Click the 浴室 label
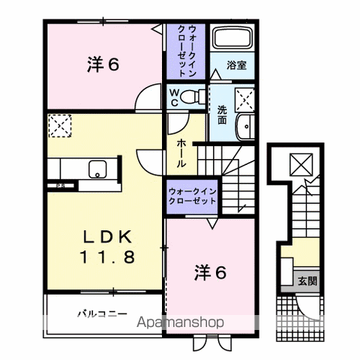(x=236, y=65)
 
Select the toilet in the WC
(x=193, y=95)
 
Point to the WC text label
(x=173, y=95)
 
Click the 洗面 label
(x=222, y=114)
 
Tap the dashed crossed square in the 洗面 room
(x=244, y=98)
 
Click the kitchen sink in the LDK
(x=98, y=169)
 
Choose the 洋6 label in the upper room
(x=102, y=65)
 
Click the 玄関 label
(x=307, y=281)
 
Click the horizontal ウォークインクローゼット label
(x=193, y=196)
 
